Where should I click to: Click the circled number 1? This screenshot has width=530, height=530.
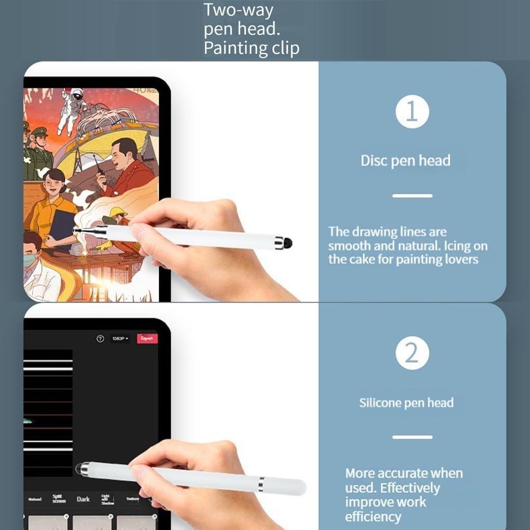412,111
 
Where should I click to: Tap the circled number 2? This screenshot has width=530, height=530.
412,353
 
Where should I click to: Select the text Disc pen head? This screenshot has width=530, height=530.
405,161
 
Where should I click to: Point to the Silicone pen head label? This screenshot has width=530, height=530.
406,403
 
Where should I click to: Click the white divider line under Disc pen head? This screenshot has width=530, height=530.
412,196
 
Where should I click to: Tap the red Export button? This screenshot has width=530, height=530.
147,338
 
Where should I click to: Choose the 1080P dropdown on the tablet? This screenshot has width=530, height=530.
120,339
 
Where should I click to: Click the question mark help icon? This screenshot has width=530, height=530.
100,339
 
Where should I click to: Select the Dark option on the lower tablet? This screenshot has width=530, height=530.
83,499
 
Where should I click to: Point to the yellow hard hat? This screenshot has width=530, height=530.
118,212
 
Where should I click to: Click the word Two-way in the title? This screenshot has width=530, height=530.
238,10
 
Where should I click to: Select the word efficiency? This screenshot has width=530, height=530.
373,516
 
